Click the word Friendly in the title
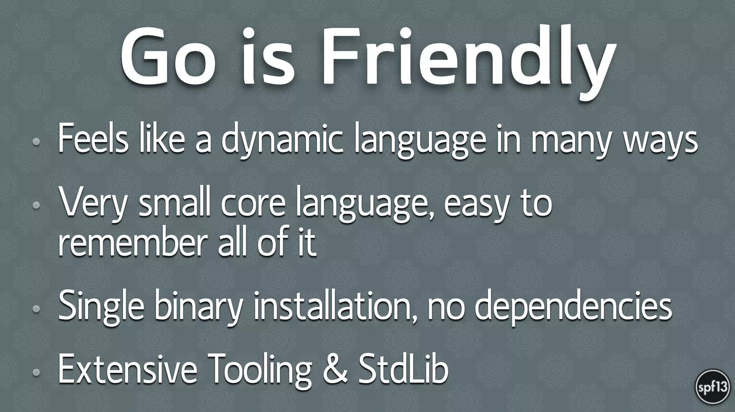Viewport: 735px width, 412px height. [x=467, y=57]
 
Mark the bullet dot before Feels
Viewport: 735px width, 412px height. [x=36, y=142]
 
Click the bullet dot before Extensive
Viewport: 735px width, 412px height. [x=36, y=372]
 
